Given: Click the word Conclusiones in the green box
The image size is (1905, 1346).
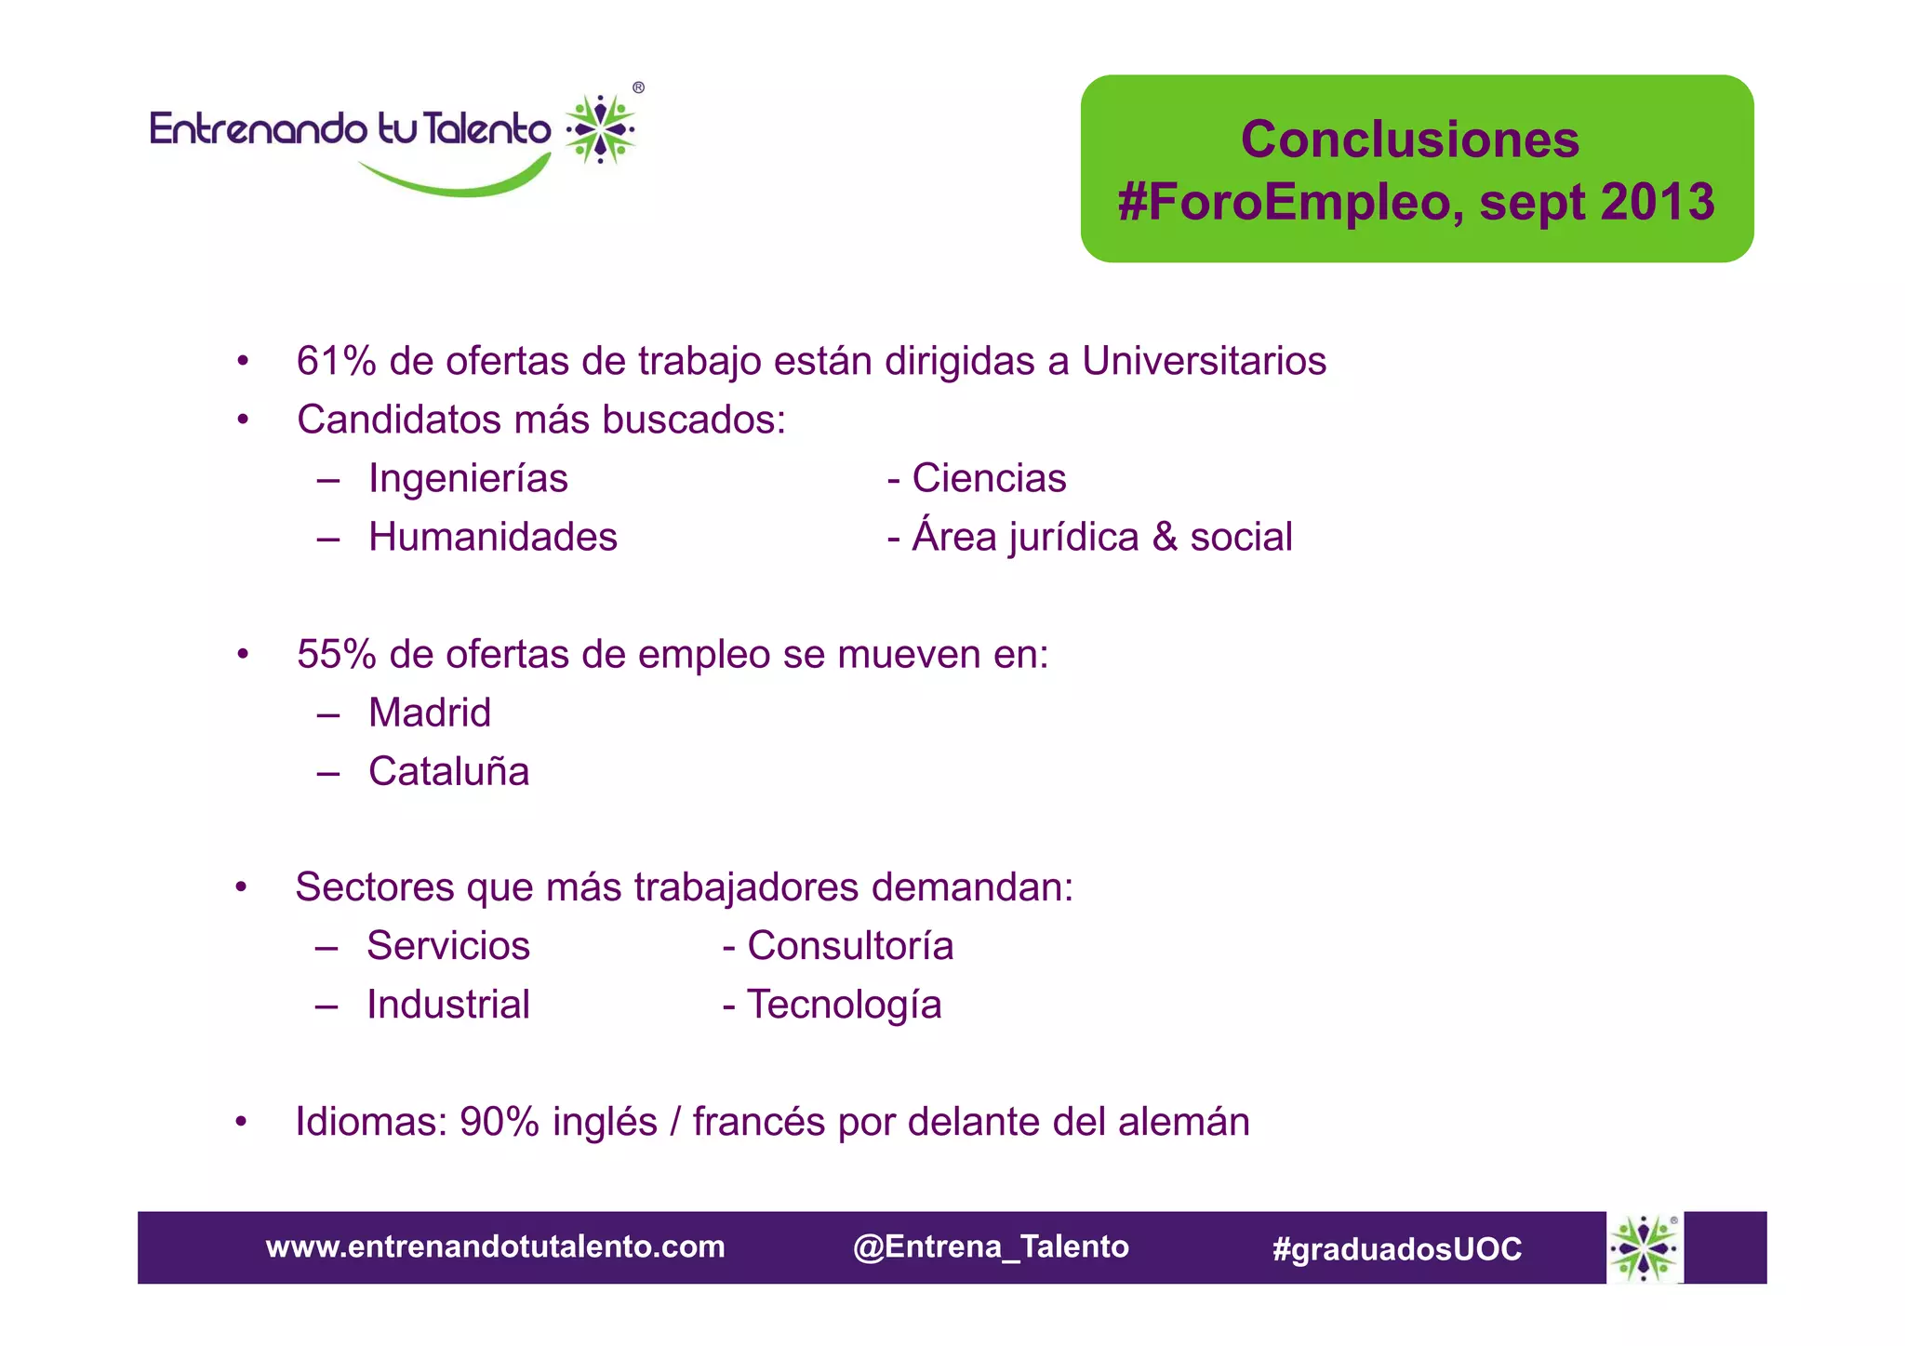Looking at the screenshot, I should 1409,140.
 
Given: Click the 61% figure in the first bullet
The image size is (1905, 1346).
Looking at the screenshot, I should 336,361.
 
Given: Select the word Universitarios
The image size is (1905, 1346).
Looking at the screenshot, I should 1204,361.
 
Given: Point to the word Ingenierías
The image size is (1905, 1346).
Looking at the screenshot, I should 468,479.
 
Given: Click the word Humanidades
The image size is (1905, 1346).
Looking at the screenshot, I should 493,538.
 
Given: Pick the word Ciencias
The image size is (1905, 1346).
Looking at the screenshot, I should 989,479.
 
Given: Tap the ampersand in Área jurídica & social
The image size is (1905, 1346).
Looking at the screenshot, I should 1165,538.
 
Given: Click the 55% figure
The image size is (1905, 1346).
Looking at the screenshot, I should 336,655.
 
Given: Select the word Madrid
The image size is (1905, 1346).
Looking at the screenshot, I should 430,713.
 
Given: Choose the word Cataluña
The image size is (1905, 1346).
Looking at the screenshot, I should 448,772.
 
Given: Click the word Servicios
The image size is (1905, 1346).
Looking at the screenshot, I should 448,946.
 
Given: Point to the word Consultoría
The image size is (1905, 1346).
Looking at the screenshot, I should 850,946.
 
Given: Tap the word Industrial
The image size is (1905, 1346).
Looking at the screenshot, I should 448,1005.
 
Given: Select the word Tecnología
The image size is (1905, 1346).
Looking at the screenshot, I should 845,1005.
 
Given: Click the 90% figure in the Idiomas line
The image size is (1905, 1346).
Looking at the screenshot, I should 500,1122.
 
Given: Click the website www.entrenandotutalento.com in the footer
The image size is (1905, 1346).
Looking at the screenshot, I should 495,1246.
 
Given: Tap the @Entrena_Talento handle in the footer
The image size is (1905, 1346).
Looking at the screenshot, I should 991,1246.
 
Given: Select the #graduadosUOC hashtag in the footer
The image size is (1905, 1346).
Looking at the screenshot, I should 1397,1248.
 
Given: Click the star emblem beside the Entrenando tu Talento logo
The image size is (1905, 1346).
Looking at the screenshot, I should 601,129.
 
